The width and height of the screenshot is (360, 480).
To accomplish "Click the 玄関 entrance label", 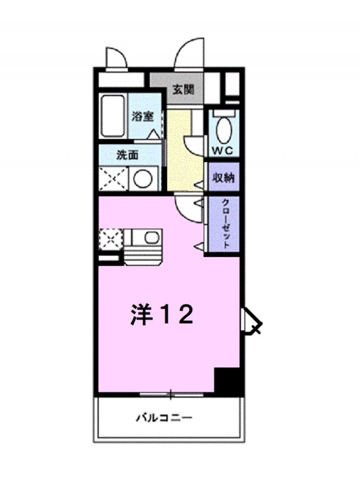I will [183, 88].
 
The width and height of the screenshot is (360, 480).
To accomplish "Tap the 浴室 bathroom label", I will [142, 117].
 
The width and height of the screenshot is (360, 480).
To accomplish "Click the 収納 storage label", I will [223, 177].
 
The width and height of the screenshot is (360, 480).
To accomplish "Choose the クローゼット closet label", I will [224, 224].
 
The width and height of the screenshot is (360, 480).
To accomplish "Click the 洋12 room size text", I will [163, 314].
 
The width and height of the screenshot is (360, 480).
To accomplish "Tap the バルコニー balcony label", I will [164, 418].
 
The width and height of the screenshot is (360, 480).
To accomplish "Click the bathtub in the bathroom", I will [113, 116].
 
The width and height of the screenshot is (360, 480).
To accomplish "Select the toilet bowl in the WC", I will [223, 129].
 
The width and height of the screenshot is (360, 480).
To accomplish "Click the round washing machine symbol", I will [144, 180].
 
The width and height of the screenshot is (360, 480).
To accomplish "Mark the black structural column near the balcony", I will [229, 382].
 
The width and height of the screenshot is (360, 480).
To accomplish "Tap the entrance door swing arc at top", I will [190, 52].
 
